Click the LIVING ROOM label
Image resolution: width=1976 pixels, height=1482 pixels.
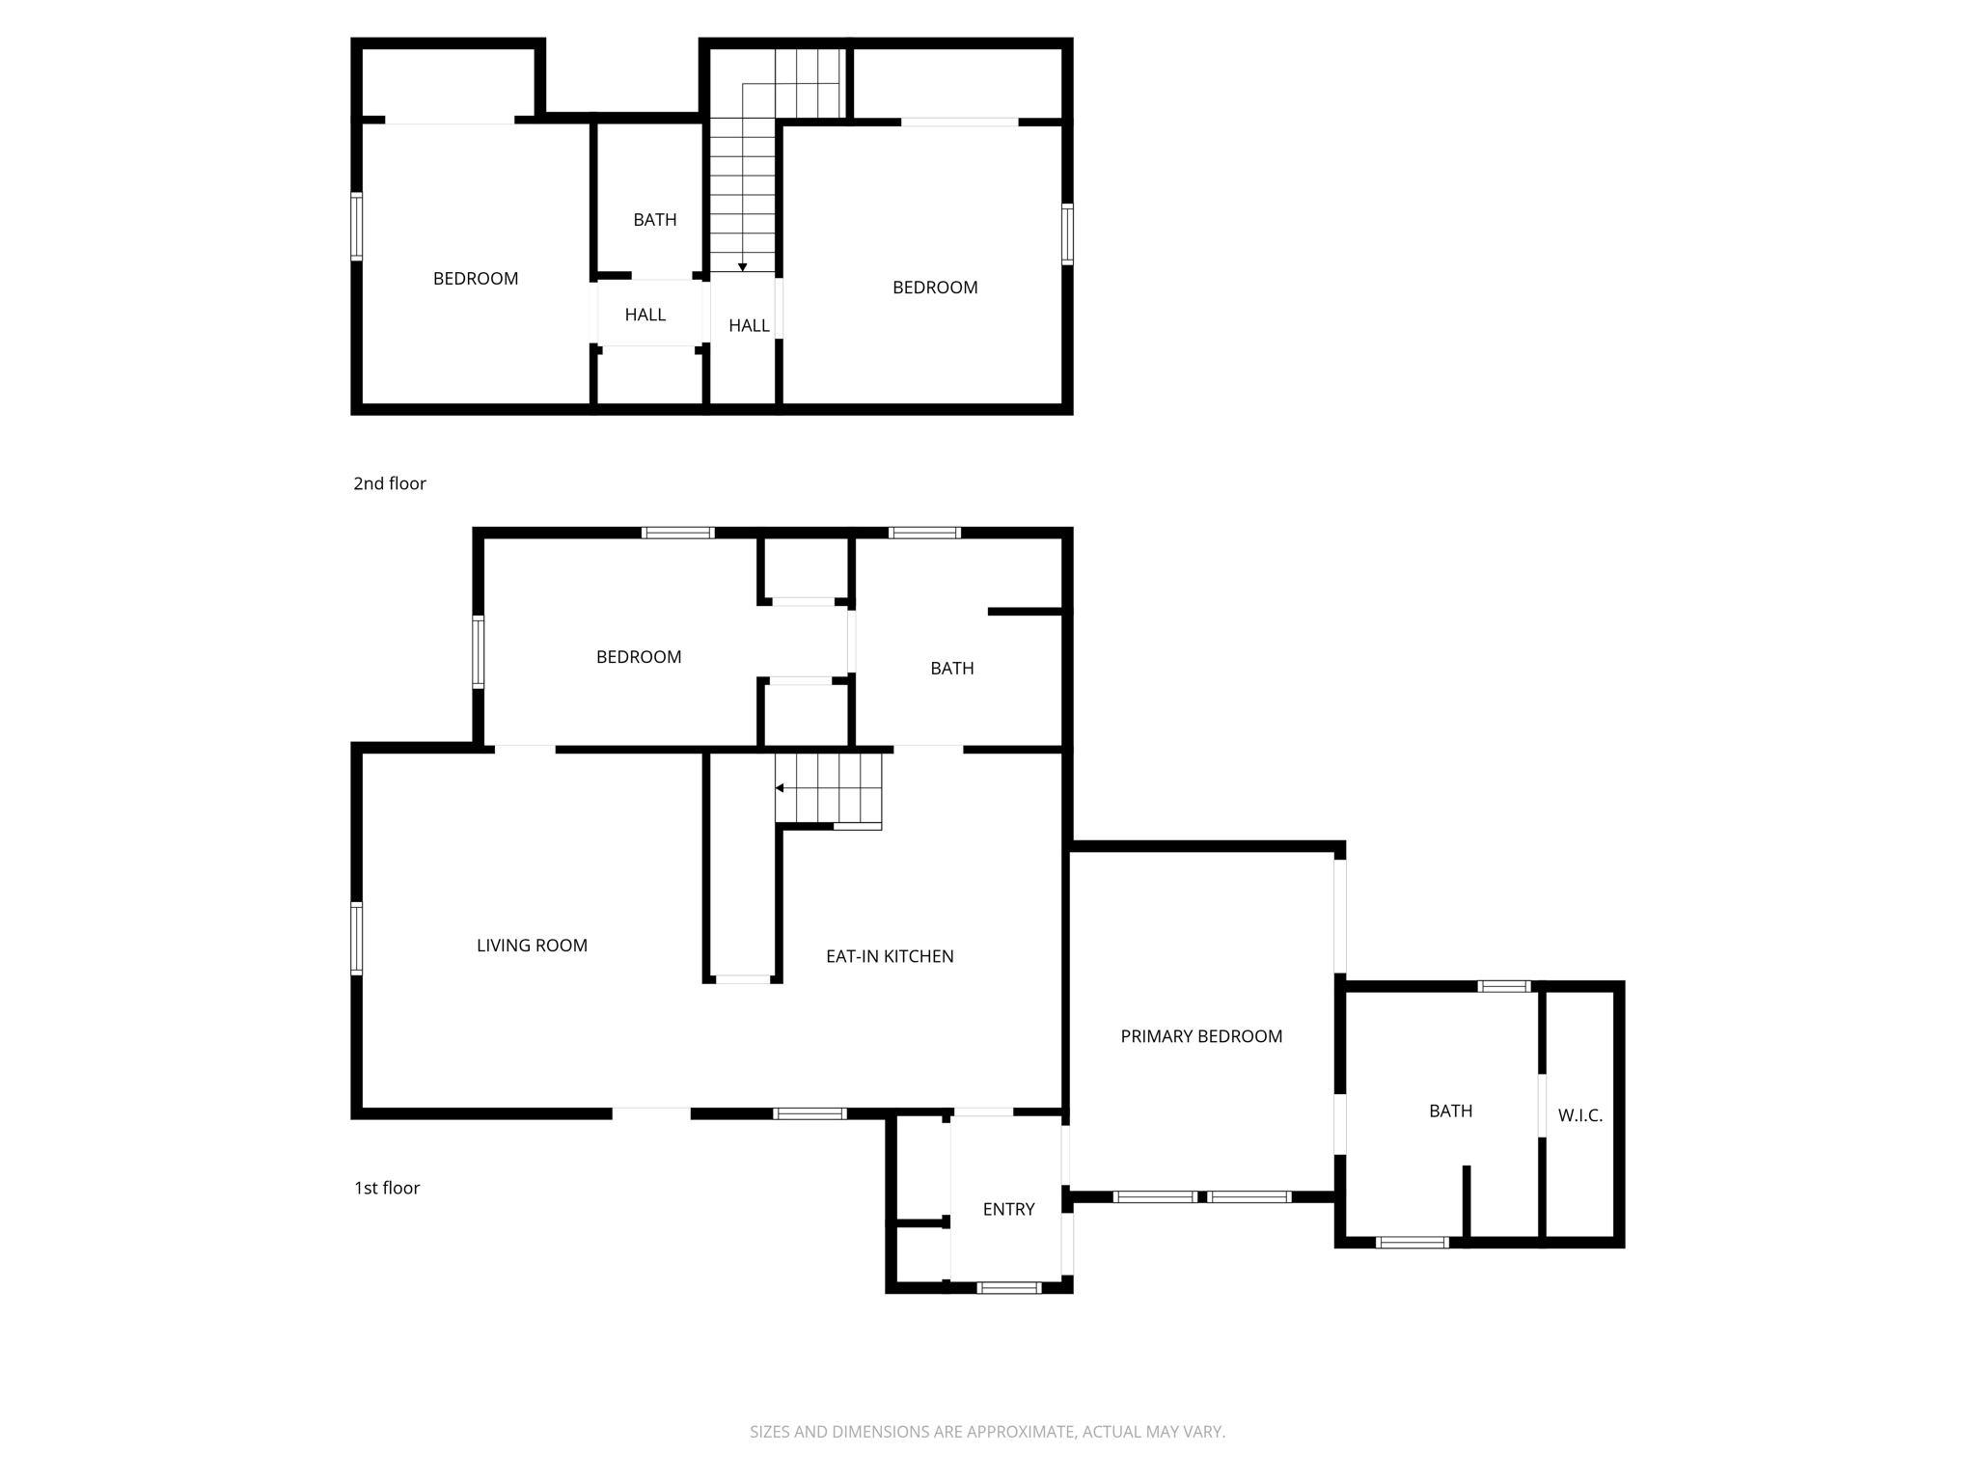click(x=532, y=946)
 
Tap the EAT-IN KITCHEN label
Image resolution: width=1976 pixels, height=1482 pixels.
click(x=890, y=956)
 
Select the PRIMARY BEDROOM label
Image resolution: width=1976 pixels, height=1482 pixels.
click(x=1201, y=1036)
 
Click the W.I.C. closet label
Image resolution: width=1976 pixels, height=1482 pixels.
click(x=1580, y=1115)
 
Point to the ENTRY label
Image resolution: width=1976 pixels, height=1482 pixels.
click(x=1008, y=1209)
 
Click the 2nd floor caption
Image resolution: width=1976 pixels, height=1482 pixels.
click(x=389, y=483)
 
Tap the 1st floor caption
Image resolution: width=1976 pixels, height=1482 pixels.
click(x=386, y=1188)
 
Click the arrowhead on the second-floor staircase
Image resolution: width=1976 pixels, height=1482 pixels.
click(x=743, y=267)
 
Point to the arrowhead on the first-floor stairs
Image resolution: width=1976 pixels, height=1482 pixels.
click(x=780, y=788)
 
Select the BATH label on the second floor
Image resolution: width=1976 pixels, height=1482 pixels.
click(x=654, y=220)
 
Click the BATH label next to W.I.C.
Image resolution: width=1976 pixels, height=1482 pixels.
click(x=1450, y=1111)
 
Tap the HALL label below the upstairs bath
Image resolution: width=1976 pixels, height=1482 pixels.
click(x=645, y=315)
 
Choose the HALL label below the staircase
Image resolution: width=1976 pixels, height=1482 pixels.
click(x=749, y=326)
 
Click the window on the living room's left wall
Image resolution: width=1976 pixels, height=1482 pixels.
click(x=356, y=938)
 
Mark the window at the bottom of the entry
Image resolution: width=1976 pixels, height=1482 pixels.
click(x=1009, y=1287)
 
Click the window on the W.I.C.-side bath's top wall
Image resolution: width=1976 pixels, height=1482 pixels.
click(x=1504, y=986)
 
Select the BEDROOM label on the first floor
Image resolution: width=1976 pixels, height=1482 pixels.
click(x=639, y=657)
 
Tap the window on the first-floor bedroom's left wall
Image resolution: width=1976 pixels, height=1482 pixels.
click(x=478, y=652)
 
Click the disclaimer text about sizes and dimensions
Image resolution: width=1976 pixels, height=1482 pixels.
click(x=987, y=1432)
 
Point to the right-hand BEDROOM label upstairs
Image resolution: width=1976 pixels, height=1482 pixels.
click(x=934, y=288)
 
